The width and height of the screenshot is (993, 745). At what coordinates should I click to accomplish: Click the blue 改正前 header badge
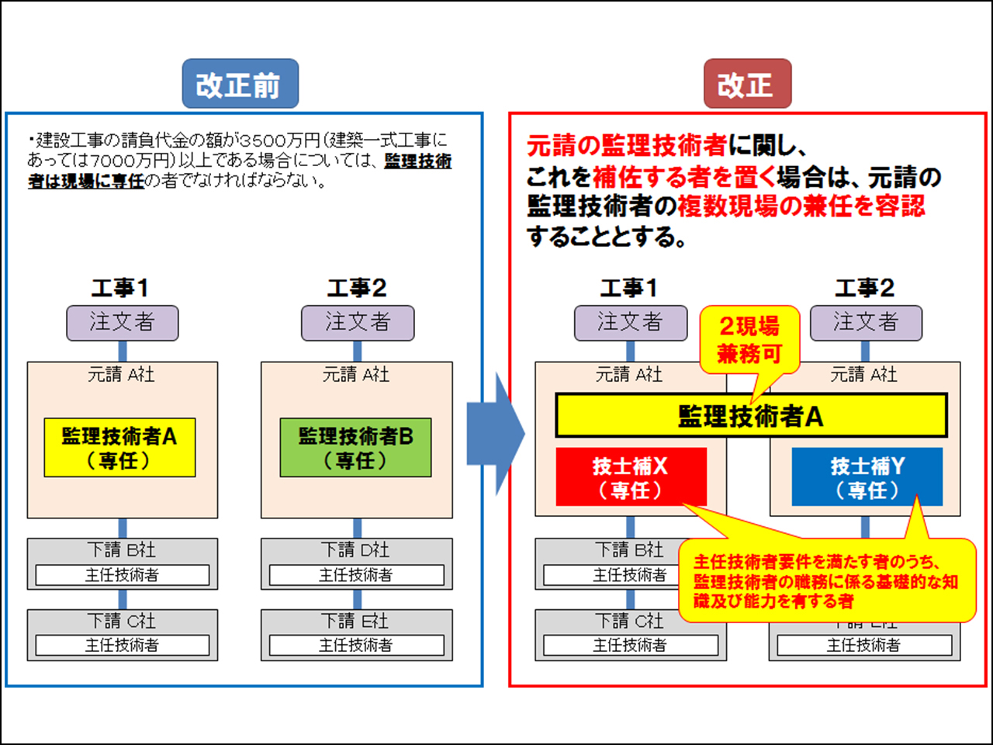click(240, 84)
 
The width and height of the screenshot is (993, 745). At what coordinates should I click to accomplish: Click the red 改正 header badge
click(747, 84)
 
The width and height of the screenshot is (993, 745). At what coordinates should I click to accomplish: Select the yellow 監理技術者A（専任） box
click(119, 448)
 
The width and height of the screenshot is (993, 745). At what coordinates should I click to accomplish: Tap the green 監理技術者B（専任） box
click(355, 448)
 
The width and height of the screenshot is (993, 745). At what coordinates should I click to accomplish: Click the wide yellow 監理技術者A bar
click(751, 416)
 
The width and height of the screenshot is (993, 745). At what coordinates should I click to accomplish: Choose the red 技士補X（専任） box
click(631, 477)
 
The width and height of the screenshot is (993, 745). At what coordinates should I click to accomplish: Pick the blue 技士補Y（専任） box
click(867, 477)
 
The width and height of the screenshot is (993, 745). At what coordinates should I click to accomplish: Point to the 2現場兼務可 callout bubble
click(749, 340)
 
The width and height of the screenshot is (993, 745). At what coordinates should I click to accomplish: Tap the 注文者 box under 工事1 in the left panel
click(123, 323)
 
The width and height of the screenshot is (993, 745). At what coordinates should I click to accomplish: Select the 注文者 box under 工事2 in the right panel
click(866, 323)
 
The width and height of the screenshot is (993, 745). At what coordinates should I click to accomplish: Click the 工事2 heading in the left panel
click(357, 289)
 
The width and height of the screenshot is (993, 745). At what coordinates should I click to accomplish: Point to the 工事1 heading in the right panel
click(629, 289)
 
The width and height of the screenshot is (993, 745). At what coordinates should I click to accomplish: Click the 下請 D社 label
click(356, 550)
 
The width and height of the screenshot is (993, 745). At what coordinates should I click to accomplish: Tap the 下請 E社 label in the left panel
click(356, 621)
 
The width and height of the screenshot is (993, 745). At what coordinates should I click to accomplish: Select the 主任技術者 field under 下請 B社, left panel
click(123, 575)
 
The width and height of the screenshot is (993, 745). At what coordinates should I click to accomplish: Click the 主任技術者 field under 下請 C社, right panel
click(630, 645)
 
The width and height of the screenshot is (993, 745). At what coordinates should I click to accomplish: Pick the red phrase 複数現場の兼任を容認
click(801, 206)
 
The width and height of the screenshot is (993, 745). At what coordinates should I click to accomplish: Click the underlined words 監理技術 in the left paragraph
click(417, 161)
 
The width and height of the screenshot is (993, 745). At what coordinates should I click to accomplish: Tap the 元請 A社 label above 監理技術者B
click(356, 375)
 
